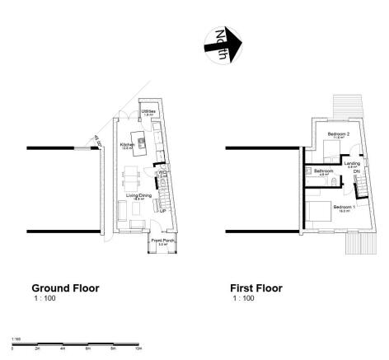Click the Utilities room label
[148, 110]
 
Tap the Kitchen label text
[127, 144]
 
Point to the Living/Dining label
[137, 195]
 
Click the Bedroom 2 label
[339, 133]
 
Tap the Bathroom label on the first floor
[323, 171]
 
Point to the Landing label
[352, 164]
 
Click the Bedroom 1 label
[343, 207]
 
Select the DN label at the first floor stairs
[356, 171]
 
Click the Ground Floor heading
[65, 288]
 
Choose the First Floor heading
[256, 288]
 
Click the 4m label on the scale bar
[63, 349]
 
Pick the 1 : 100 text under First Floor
[242, 298]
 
